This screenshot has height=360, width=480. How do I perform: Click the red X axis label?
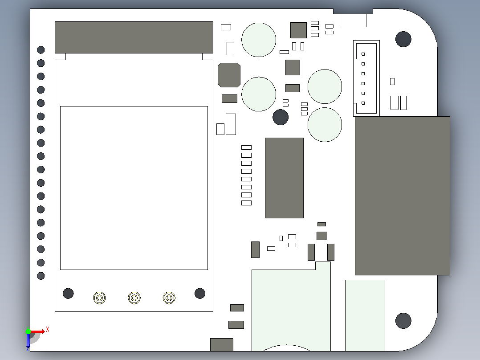point(48,330)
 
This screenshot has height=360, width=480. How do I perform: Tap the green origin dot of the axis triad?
point(28,331)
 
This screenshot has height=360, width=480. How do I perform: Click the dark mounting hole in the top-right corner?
point(403,39)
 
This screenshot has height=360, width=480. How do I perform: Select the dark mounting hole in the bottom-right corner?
point(403,321)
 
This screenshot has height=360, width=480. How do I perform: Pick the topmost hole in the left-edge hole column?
point(41,49)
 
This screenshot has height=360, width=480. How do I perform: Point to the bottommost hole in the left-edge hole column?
point(41,276)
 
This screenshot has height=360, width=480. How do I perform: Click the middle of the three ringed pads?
point(134,298)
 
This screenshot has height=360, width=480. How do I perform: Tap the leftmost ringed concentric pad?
point(99,298)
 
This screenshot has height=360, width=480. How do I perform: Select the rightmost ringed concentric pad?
point(169,298)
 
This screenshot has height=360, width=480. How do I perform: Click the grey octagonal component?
point(229,75)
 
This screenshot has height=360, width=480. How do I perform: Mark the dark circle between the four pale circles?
point(281,117)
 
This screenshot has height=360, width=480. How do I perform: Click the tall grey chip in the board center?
point(284,178)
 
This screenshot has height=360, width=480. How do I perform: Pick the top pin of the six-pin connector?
point(363,54)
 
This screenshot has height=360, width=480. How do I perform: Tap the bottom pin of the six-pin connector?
point(363,103)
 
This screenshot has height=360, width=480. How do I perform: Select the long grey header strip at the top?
point(134,37)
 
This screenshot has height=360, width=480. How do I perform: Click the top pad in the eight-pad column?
point(246,147)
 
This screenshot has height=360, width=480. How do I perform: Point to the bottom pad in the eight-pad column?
point(246,203)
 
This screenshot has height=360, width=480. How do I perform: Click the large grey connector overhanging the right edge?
point(402,196)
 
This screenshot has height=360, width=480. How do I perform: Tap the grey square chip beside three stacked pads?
point(298,30)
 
